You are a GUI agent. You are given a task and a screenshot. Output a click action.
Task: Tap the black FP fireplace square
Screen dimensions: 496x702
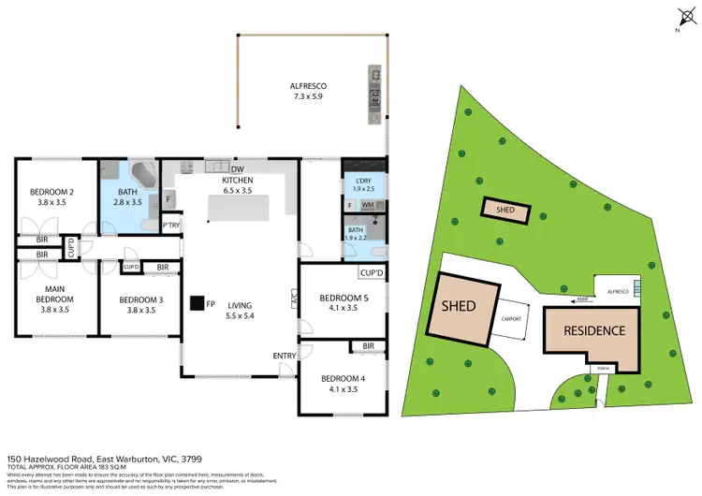[197, 303]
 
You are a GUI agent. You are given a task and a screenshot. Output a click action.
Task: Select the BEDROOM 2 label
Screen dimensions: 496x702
[56, 197]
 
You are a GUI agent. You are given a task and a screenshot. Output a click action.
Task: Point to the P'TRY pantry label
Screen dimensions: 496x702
[170, 225]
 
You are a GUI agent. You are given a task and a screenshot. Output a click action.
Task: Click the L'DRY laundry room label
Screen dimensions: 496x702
[362, 182]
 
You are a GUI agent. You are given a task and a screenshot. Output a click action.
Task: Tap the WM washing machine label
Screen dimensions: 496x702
[368, 204]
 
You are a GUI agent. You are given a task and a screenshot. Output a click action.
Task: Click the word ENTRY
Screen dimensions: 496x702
[284, 356]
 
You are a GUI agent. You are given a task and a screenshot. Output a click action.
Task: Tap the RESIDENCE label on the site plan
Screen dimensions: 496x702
[593, 330]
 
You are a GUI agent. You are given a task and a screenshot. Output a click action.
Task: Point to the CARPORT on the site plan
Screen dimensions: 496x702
[511, 319]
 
